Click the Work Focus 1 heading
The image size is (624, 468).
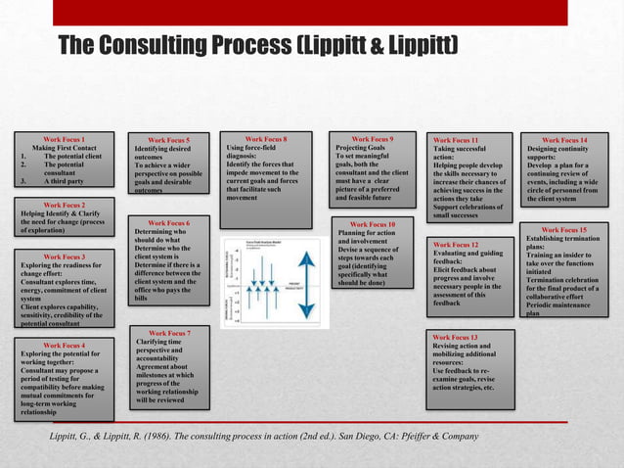click(64, 139)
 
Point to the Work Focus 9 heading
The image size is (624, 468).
click(372, 139)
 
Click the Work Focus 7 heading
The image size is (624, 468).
click(175, 333)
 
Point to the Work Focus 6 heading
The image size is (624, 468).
click(175, 222)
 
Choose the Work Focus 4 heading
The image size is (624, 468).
click(64, 346)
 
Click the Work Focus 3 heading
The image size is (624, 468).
click(64, 257)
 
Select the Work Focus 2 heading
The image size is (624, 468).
click(64, 205)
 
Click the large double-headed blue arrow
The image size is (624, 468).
click(305, 284)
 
